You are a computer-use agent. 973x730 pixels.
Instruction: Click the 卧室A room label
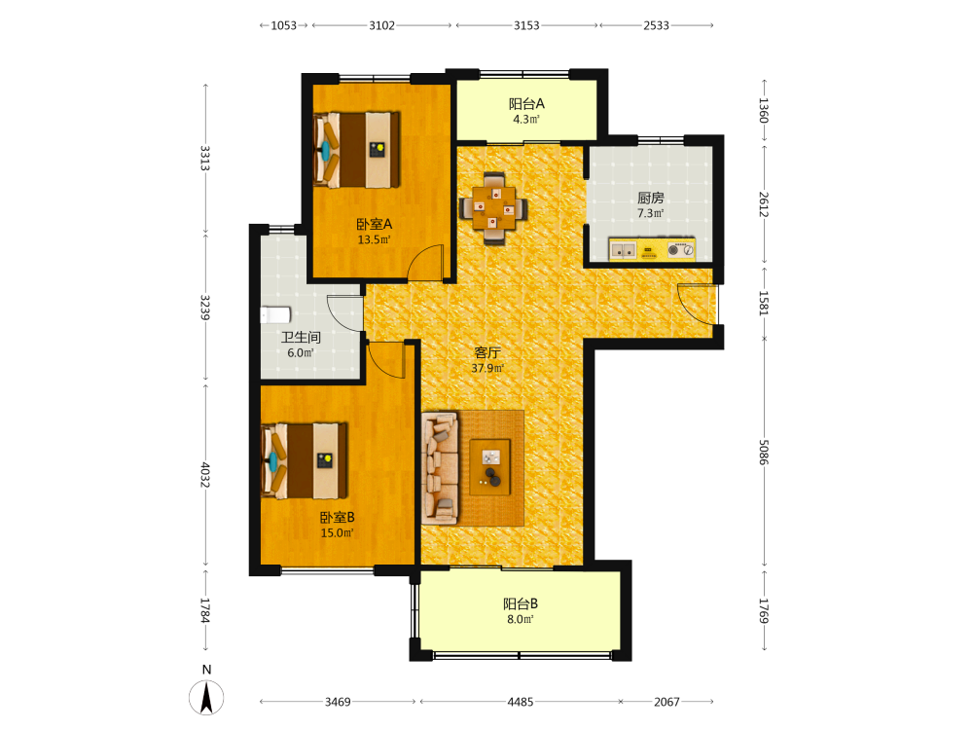(x=374, y=224)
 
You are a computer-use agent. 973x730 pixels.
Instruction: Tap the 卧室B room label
(x=337, y=517)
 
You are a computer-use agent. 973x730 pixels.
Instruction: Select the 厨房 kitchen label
(x=650, y=198)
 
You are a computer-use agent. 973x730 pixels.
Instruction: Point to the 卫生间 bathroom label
(x=301, y=337)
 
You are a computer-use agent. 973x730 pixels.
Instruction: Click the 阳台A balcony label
(x=526, y=104)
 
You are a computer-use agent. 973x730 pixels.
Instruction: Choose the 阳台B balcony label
(x=520, y=603)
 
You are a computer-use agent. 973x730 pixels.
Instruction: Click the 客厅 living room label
(x=487, y=352)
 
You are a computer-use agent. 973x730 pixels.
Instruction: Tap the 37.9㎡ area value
(x=487, y=368)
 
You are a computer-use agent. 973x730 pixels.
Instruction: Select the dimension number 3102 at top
(x=381, y=25)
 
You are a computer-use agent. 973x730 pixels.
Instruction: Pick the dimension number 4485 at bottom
(x=520, y=702)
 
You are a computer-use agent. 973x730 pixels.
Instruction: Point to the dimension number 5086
(x=764, y=452)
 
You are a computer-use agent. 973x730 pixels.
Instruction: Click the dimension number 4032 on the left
(x=205, y=475)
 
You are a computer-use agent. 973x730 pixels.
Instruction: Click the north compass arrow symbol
(x=206, y=697)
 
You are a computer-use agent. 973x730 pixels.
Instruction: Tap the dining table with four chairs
(x=494, y=208)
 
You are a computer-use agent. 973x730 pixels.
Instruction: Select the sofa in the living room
(x=440, y=467)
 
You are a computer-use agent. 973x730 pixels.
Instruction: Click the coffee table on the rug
(x=490, y=467)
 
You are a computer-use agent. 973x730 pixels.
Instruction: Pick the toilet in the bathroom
(x=275, y=314)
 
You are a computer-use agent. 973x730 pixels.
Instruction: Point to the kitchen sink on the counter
(x=623, y=250)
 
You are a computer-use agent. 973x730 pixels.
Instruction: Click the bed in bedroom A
(x=357, y=150)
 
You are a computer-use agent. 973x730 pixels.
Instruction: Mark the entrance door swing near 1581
(x=697, y=304)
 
